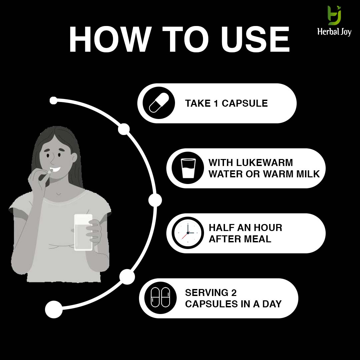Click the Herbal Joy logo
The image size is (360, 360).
pos(334,21)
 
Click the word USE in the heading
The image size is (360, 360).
pos(255,39)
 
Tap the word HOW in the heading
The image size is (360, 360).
pos(110,39)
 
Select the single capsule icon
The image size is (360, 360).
pos(159,103)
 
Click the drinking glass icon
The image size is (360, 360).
pos(188,168)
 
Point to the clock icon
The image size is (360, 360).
pos(188,233)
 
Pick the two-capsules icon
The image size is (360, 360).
pos(160,297)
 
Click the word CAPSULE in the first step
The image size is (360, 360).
pos(245,103)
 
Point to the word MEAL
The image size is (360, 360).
pos(257,239)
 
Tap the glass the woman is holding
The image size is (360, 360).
pos(83,232)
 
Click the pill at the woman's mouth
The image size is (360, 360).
pos(50,172)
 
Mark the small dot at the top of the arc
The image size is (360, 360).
pos(53,101)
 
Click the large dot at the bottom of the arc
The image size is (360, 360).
pos(54,309)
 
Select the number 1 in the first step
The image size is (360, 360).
pos(215,103)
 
